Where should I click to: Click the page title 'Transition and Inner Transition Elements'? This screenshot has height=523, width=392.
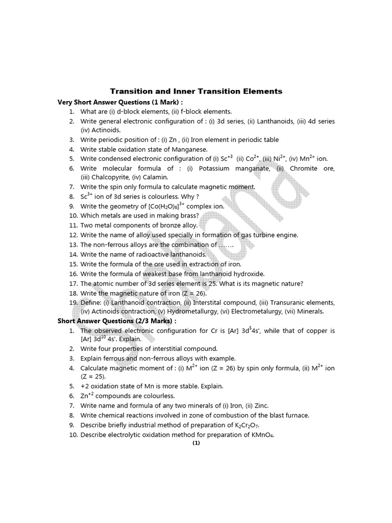(196, 91)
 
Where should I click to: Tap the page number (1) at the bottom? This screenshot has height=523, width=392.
(196, 443)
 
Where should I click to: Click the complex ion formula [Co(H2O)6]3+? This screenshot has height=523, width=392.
(156, 206)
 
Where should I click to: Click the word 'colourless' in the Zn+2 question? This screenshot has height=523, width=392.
(158, 396)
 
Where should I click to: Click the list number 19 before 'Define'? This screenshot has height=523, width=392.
(73, 302)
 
